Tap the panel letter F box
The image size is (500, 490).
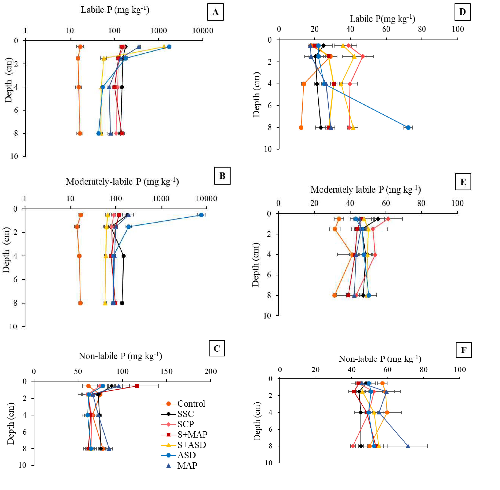[x=463, y=350]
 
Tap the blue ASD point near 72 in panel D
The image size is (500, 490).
[x=408, y=127]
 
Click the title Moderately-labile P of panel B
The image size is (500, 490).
[x=122, y=182]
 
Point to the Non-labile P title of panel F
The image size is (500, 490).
[x=380, y=359]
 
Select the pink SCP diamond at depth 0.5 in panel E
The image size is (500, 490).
[x=388, y=219]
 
